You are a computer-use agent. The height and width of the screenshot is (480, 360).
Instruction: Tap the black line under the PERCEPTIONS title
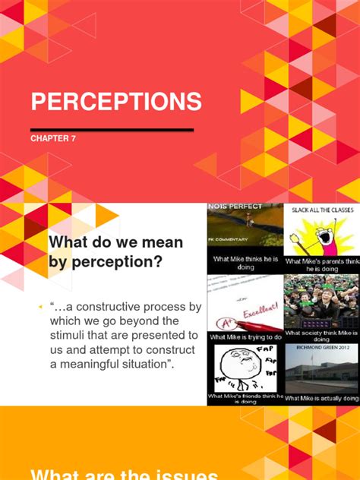coord(112,130)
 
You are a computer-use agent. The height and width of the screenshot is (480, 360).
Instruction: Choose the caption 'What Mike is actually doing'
coord(322,398)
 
